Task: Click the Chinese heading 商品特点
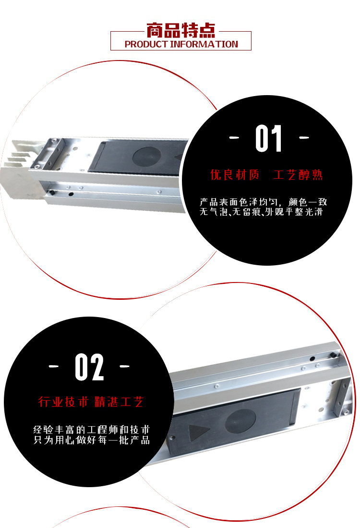tap(180, 30)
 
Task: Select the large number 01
tap(268, 138)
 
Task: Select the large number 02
tap(89, 367)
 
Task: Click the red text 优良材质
tap(235, 175)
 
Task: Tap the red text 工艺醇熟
tap(298, 175)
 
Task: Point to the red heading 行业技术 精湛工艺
tap(91, 402)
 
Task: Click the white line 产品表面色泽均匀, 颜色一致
tap(263, 202)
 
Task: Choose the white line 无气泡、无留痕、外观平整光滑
tap(261, 212)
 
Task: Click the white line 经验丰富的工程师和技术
tap(91, 430)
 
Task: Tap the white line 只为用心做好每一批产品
tap(91, 440)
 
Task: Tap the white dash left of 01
tap(234, 137)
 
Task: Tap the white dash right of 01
tap(304, 137)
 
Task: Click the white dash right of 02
tap(124, 366)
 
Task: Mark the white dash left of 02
tap(53, 366)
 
